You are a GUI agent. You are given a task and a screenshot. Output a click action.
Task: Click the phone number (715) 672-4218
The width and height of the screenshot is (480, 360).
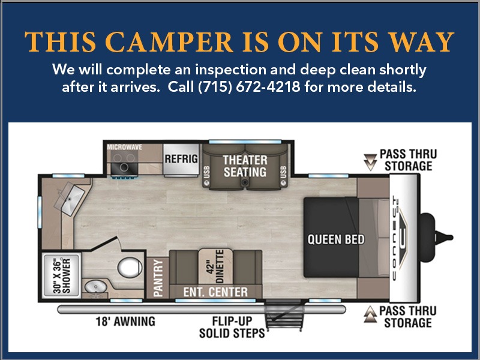(249, 87)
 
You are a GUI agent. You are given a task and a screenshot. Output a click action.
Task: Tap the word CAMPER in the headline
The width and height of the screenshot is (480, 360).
(169, 42)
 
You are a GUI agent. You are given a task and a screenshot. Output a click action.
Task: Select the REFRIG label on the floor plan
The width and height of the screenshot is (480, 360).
(181, 159)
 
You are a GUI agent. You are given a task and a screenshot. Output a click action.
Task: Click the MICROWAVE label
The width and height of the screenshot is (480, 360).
(125, 147)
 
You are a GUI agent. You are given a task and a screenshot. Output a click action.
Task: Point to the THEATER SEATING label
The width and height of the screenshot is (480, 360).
(245, 166)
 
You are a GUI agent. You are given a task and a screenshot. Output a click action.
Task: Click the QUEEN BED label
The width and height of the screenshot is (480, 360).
(336, 239)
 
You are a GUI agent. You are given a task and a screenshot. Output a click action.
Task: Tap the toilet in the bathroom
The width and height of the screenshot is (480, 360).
(130, 267)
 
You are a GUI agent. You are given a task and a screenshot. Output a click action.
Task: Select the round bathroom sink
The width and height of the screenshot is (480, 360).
(96, 287)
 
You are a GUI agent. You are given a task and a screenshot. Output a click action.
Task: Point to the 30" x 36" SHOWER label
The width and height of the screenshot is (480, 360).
(62, 276)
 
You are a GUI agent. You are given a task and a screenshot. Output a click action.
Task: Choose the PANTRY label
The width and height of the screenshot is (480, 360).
(158, 278)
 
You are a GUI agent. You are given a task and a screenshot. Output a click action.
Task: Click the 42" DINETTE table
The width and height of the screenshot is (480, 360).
(215, 266)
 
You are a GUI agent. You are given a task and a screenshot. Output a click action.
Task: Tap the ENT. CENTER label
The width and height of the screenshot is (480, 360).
(215, 292)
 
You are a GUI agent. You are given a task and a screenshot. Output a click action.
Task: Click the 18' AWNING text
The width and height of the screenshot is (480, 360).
(125, 322)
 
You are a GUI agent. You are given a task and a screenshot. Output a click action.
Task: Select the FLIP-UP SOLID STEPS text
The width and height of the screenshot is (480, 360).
(232, 327)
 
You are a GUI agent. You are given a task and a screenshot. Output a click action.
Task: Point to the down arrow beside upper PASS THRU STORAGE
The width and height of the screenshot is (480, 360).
(370, 161)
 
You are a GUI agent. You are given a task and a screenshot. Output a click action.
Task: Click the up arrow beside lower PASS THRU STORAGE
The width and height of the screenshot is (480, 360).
(370, 314)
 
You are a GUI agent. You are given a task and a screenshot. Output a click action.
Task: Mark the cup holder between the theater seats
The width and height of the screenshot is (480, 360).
(244, 182)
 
